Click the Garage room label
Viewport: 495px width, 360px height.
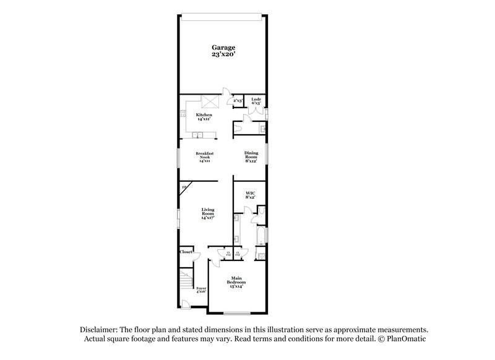click(223, 51)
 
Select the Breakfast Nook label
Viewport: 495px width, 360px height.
click(204, 156)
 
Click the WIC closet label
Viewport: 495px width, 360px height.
click(250, 195)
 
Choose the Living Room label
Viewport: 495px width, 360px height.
click(207, 214)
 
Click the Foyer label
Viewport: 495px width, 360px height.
click(201, 290)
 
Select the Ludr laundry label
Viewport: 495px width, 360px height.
click(256, 100)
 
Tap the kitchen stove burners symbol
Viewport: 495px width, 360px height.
click(183, 114)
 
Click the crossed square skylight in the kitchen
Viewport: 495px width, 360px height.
click(211, 102)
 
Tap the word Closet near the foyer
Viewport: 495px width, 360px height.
click(186, 252)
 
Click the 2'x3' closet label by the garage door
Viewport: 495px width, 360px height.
click(238, 100)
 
